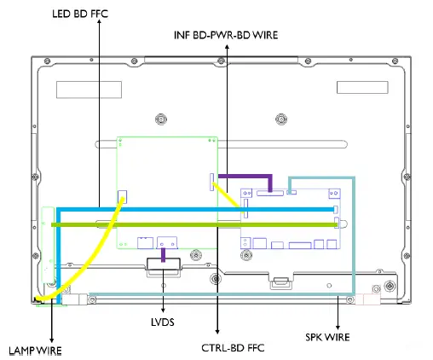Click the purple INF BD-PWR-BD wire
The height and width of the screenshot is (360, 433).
[x=247, y=178]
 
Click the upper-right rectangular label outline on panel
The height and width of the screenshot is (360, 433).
[x=361, y=88]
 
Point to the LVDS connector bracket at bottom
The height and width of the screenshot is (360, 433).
[x=163, y=265]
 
